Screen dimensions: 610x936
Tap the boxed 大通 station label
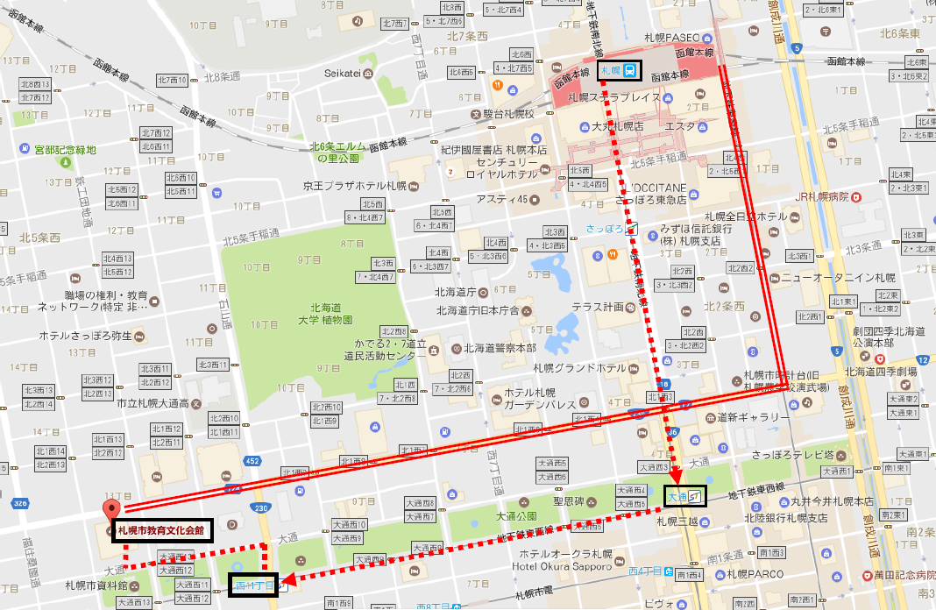pos(684,497)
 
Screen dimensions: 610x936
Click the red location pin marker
pos(111,512)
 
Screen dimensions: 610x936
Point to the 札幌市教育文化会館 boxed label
pos(161,530)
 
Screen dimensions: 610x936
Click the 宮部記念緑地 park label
pos(60,151)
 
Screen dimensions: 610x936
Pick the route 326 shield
pos(19,503)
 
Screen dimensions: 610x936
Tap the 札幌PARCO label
pos(747,575)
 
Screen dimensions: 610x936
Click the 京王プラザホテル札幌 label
pos(355,186)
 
